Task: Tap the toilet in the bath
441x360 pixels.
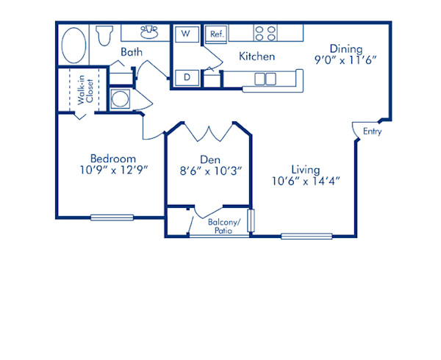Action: coord(103,34)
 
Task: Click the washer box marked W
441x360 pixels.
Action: coord(185,34)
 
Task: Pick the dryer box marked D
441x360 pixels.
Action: coord(187,76)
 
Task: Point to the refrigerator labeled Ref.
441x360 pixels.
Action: coord(217,34)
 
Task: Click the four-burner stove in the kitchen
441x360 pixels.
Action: coord(265,33)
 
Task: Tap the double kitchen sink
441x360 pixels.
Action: coord(265,78)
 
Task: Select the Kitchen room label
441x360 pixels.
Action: coord(257,56)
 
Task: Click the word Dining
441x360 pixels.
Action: coord(345,50)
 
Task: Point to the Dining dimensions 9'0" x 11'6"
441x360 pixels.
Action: coord(346,62)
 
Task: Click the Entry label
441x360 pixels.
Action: coord(372,132)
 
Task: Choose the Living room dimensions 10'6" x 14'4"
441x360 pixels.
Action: coord(305,181)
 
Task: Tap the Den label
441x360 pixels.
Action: coord(209,159)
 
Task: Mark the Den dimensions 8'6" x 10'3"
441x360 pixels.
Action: coord(209,170)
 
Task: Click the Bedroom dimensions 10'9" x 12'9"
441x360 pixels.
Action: coord(114,170)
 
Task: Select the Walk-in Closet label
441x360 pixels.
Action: coord(85,93)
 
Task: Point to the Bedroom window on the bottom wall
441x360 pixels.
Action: coord(112,217)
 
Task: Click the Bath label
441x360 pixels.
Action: coord(132,52)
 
